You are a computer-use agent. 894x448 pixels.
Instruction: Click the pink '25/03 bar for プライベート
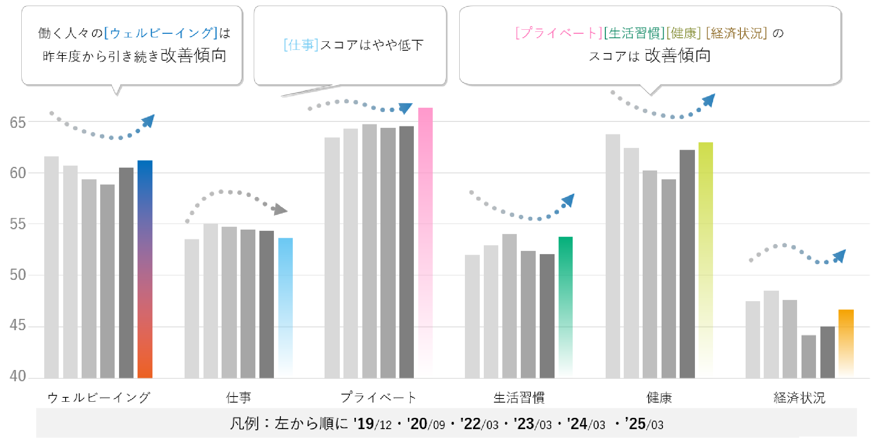point(425,241)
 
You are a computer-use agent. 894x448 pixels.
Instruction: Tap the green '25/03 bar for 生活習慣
point(565,306)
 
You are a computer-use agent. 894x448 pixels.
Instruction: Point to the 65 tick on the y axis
point(18,123)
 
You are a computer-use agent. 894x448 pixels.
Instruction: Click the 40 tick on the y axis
point(18,376)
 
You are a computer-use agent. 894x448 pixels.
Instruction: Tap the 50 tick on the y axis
point(18,275)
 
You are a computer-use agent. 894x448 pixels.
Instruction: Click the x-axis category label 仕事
point(238,398)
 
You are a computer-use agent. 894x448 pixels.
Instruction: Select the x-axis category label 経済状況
point(799,398)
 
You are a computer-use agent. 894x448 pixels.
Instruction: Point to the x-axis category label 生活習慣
point(519,398)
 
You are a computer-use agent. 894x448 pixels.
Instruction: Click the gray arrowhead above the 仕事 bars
point(280,210)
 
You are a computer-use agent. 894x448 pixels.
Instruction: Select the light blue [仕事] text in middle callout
point(301,45)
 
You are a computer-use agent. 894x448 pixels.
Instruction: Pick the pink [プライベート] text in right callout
point(559,33)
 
